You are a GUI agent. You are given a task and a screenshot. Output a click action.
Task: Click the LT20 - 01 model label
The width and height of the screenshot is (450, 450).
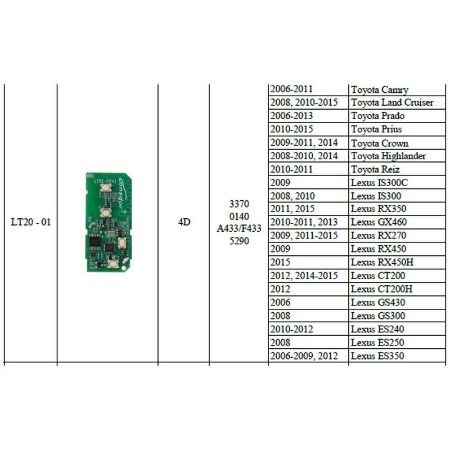pos(31,222)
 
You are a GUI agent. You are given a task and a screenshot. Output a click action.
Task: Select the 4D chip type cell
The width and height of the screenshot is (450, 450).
pos(183,222)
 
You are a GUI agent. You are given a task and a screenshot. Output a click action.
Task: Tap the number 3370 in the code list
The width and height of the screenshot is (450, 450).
pos(239,204)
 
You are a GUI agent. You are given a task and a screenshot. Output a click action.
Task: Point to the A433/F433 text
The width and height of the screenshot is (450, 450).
pos(239,228)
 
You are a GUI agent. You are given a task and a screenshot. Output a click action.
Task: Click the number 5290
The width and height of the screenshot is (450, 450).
pos(239,241)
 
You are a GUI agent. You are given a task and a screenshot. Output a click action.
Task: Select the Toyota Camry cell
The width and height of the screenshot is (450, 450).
pos(379,89)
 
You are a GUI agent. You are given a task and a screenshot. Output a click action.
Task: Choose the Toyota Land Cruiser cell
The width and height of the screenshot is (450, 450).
pos(392,102)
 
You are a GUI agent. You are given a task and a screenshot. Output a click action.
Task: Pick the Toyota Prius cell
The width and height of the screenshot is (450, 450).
pos(376,129)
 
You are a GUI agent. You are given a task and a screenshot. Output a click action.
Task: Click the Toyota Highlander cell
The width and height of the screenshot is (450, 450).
pos(388,156)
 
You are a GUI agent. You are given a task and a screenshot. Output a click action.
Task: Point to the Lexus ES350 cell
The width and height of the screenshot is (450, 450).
pos(377,356)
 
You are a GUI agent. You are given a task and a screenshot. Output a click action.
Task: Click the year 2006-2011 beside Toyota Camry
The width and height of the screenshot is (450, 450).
pos(291,89)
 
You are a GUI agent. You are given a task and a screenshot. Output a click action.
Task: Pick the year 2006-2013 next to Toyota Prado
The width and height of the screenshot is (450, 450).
pos(291,116)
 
